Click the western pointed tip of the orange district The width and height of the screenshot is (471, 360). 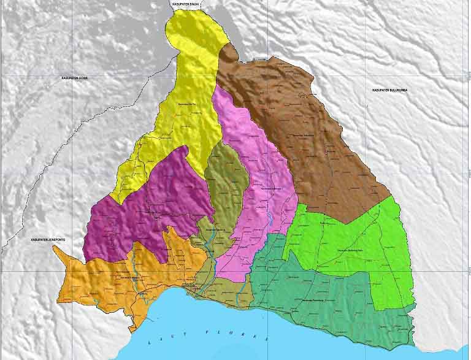(55, 247)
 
